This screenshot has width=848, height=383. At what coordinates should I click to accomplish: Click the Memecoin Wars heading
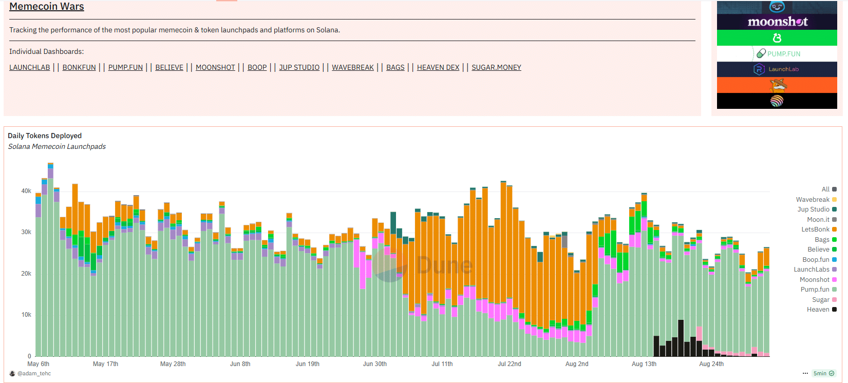click(x=46, y=7)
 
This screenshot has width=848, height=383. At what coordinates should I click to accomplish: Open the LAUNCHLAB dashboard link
click(x=30, y=67)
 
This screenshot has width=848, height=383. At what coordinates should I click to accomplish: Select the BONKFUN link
click(x=79, y=67)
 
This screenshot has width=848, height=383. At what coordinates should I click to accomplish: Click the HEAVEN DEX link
click(x=438, y=67)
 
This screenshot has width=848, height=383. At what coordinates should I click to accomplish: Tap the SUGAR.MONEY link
click(x=496, y=67)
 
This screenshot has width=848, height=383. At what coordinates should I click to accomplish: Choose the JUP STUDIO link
click(x=299, y=67)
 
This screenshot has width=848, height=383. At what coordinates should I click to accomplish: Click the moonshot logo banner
click(x=777, y=22)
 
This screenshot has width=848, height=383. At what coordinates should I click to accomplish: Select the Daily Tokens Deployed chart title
click(x=45, y=136)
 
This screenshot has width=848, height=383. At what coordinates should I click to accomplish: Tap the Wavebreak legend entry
click(x=813, y=200)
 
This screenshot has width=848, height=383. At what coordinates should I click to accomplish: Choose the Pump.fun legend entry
click(x=815, y=290)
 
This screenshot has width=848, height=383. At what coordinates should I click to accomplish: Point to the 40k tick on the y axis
click(x=26, y=191)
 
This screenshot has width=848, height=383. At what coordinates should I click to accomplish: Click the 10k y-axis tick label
click(x=26, y=315)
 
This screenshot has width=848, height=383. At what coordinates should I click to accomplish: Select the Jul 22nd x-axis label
click(x=509, y=364)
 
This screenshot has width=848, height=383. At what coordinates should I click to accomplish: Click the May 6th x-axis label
click(x=38, y=364)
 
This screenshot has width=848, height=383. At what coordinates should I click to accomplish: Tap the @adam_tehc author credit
click(x=34, y=374)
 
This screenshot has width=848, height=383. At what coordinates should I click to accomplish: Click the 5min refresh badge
click(x=823, y=374)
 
